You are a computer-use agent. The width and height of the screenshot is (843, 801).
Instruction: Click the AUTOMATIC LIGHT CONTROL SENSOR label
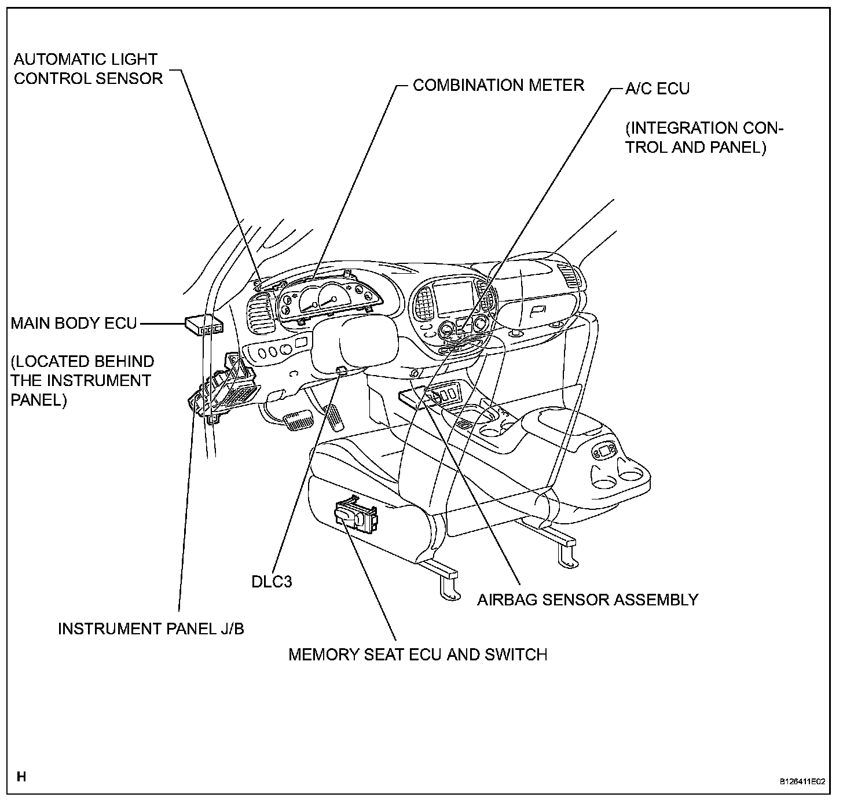[x=88, y=69]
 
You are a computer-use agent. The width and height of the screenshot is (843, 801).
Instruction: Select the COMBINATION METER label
[x=498, y=85]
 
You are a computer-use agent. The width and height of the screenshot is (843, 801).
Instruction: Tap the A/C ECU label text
[x=657, y=89]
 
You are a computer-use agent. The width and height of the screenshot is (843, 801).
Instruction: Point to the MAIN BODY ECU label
[x=74, y=323]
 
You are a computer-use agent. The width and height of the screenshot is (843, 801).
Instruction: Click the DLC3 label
[x=272, y=581]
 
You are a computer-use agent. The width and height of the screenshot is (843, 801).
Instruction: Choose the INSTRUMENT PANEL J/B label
[x=151, y=629]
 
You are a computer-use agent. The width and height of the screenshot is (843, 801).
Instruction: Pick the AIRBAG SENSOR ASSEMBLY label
[x=587, y=600]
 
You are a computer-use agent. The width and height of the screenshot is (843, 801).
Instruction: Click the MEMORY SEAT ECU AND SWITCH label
[x=417, y=655]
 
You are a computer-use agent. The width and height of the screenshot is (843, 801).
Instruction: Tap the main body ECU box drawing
[x=204, y=325]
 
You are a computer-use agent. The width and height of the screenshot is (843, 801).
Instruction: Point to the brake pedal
[x=298, y=421]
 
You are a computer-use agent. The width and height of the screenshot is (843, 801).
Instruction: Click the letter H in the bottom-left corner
[x=21, y=776]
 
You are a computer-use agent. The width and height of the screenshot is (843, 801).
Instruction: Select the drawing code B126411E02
[x=802, y=781]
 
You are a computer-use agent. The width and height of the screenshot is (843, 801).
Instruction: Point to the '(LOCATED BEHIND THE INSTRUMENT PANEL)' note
[x=82, y=381]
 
